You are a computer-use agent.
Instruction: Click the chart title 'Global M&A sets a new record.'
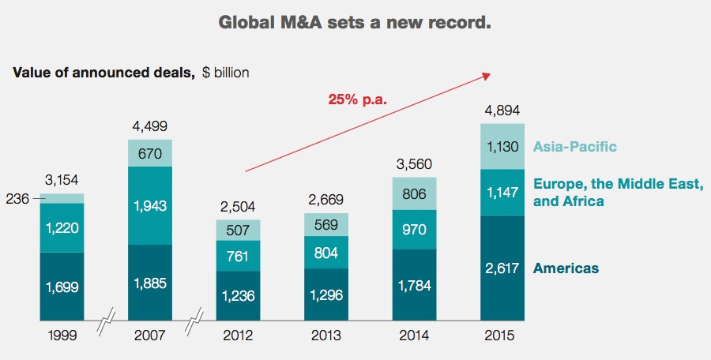(x=355, y=22)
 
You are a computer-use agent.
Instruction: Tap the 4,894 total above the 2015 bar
(x=503, y=110)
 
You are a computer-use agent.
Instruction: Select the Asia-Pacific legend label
(x=574, y=146)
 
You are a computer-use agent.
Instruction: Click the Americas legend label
(x=566, y=268)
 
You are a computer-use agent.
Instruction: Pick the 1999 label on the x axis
(x=62, y=336)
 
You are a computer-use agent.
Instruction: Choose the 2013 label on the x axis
(x=326, y=336)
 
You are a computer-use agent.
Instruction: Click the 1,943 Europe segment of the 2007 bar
(x=150, y=205)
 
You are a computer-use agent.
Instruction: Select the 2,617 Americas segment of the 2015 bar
(x=503, y=268)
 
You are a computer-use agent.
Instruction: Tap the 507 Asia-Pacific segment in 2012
(x=238, y=230)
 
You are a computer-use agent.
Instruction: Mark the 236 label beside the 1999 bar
(x=18, y=199)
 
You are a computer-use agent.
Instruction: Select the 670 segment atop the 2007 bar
(x=150, y=153)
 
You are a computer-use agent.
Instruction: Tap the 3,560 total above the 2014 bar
(x=415, y=163)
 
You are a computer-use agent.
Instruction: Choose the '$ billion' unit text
(x=225, y=73)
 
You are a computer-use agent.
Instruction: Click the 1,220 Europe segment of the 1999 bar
(x=62, y=227)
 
